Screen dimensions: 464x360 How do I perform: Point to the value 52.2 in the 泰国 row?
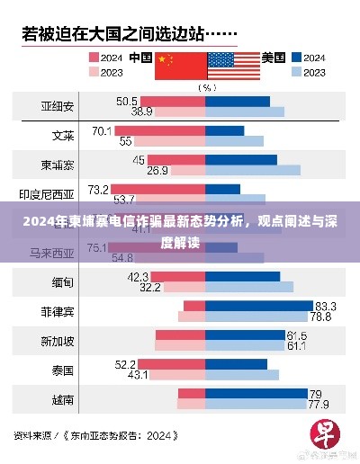click(125, 364)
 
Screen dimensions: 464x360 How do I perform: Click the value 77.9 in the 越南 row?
click(319, 405)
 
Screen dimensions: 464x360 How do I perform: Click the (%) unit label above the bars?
click(206, 87)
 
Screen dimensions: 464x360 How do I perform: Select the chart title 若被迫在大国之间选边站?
click(112, 34)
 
